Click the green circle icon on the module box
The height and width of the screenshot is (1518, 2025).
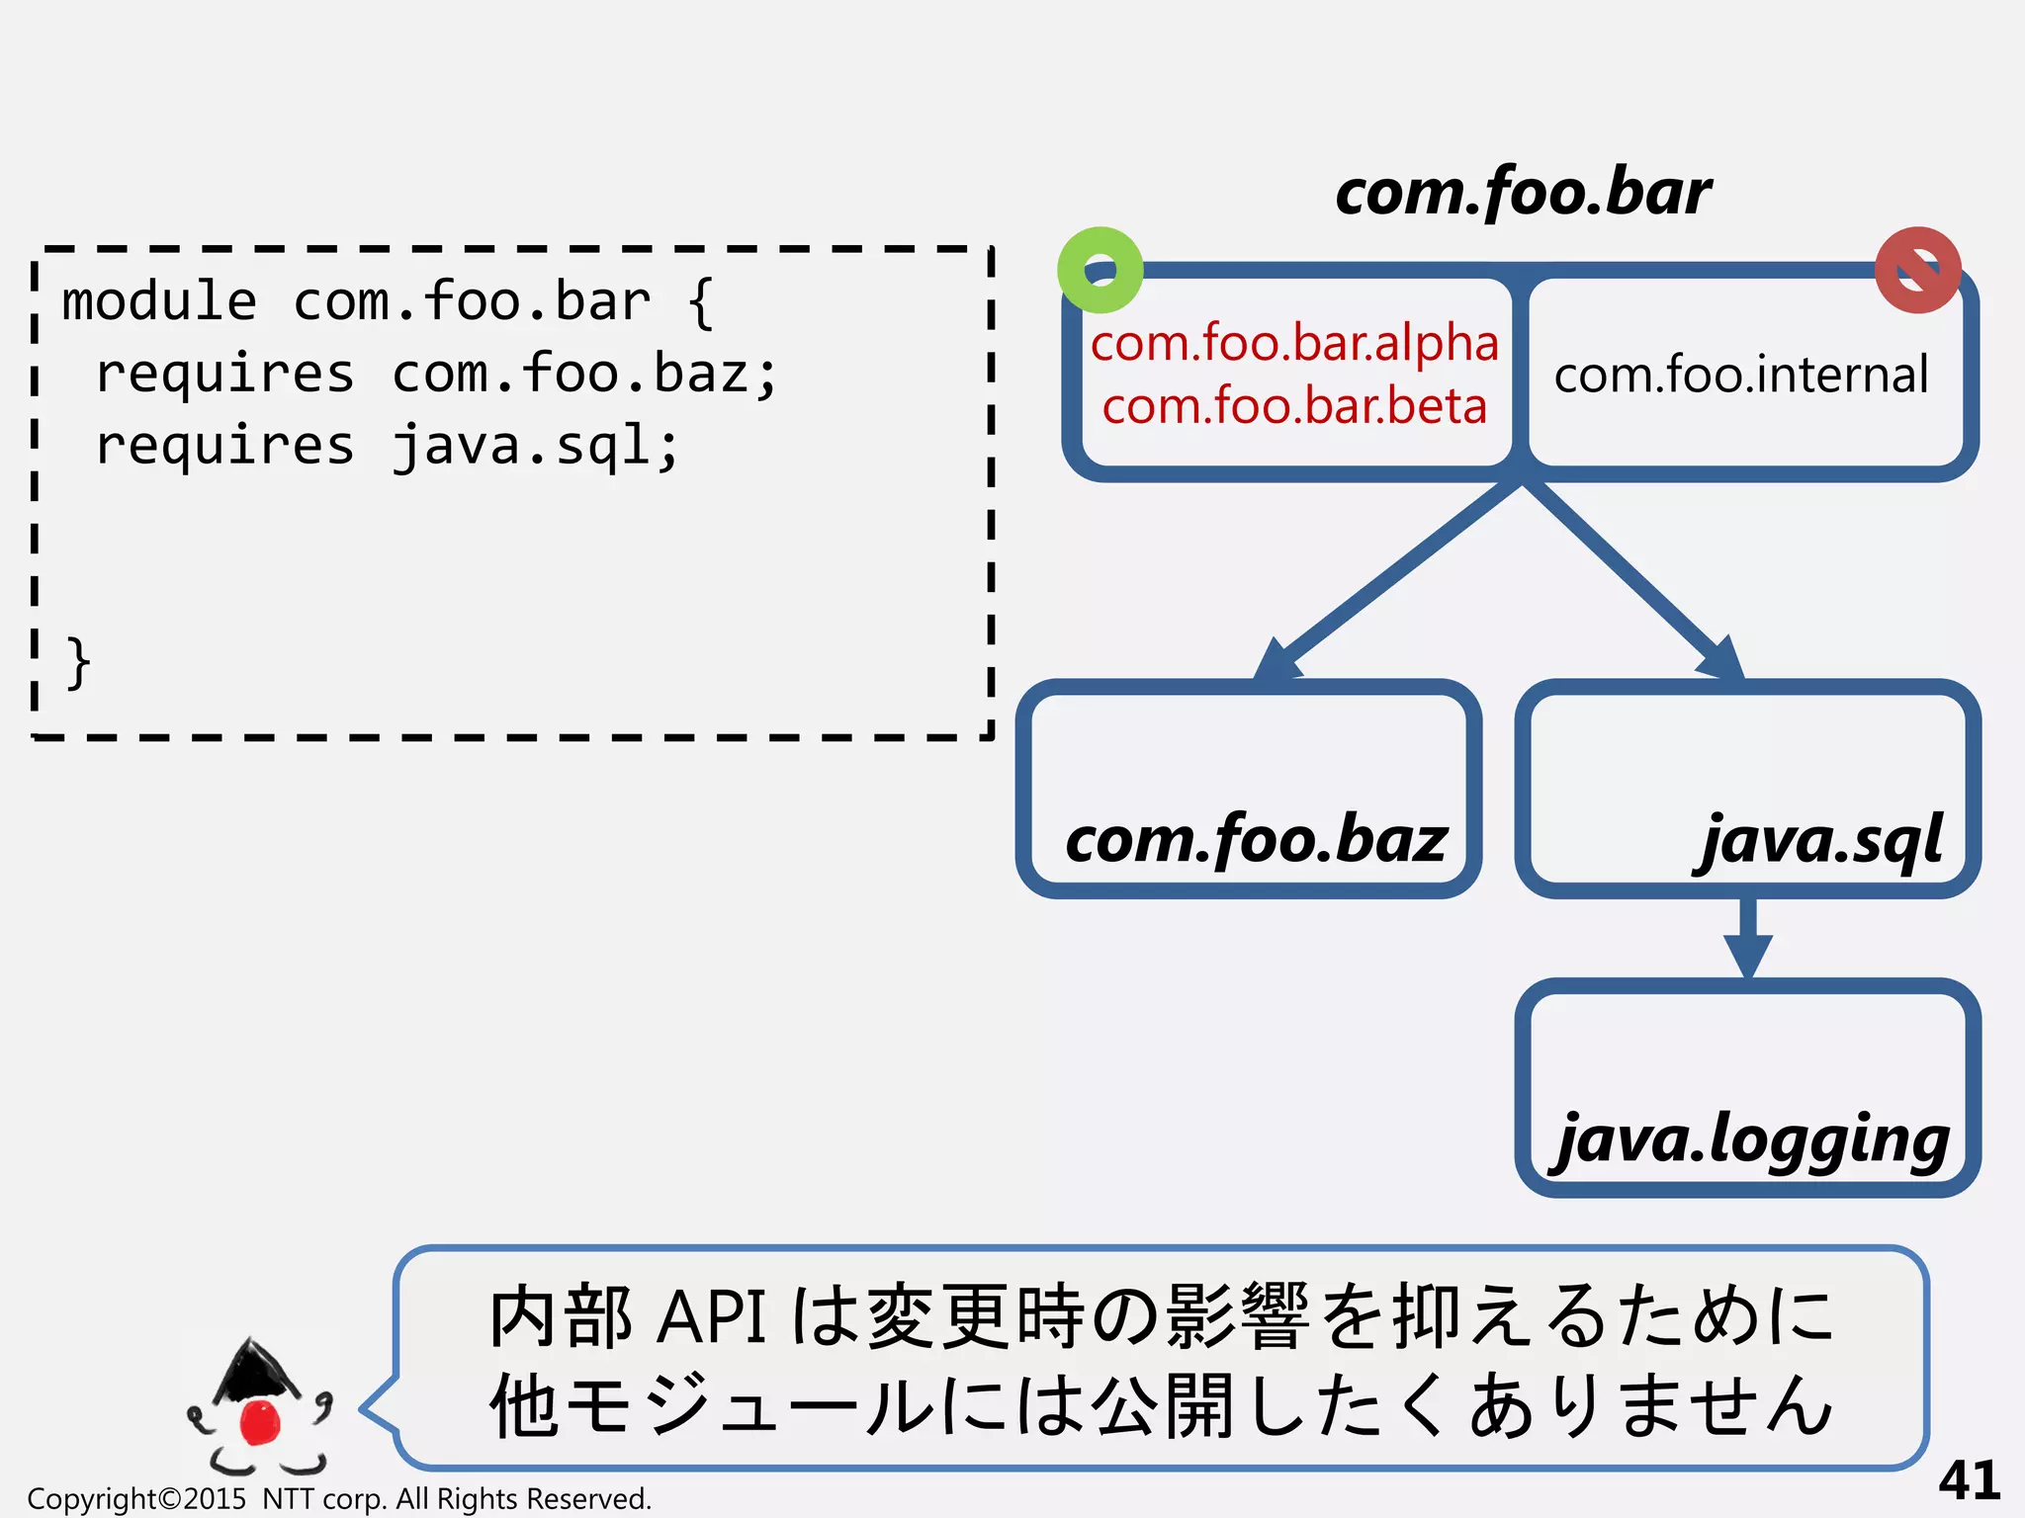(x=1100, y=270)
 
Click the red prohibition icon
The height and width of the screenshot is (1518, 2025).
(x=1917, y=270)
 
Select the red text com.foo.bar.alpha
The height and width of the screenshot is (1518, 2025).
(x=1294, y=343)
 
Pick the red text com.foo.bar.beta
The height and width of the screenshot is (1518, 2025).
(x=1294, y=406)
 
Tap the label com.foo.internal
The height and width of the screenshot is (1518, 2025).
(x=1740, y=375)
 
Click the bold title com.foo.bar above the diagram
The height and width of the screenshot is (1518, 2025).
(x=1523, y=192)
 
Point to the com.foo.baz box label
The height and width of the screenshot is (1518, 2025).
(x=1256, y=839)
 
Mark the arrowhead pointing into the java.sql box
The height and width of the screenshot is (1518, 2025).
(x=1722, y=658)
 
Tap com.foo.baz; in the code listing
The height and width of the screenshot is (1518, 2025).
(x=585, y=374)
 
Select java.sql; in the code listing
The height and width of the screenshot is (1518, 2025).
(x=535, y=446)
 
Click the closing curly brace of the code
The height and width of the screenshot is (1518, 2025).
(x=78, y=662)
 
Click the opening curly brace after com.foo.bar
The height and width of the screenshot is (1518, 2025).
(x=700, y=301)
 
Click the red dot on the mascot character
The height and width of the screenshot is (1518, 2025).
(x=261, y=1421)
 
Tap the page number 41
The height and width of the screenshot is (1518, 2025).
(x=1969, y=1479)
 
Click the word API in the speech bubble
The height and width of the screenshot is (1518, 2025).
(x=712, y=1317)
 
